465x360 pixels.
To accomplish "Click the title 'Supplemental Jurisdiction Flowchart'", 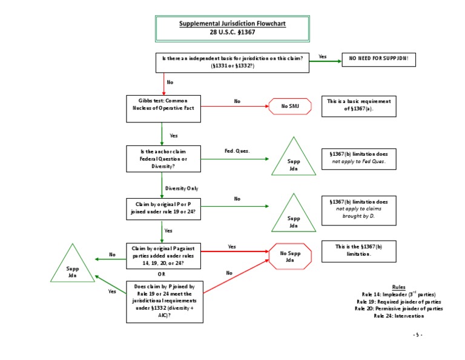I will click(232, 24).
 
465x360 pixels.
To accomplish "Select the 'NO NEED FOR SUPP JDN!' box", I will click(379, 59).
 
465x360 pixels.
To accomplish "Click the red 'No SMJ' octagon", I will click(290, 107).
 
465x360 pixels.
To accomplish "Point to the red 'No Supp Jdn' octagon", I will click(290, 256).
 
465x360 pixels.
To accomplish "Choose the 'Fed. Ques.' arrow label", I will click(237, 150).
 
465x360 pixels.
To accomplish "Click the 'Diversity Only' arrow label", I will click(182, 188).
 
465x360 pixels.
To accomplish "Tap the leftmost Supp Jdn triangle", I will click(72, 267).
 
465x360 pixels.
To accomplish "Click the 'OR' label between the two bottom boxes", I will click(161, 275).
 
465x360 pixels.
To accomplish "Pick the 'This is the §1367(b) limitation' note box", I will click(359, 250).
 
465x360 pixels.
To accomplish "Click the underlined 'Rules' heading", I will click(398, 287).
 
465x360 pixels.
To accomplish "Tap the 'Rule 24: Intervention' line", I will click(398, 316).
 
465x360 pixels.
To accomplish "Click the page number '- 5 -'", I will click(418, 334).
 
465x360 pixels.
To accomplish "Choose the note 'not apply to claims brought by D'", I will click(359, 208).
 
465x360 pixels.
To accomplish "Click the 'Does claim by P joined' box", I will click(163, 301).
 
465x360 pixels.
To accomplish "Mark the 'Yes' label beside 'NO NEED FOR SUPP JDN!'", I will click(322, 56).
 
